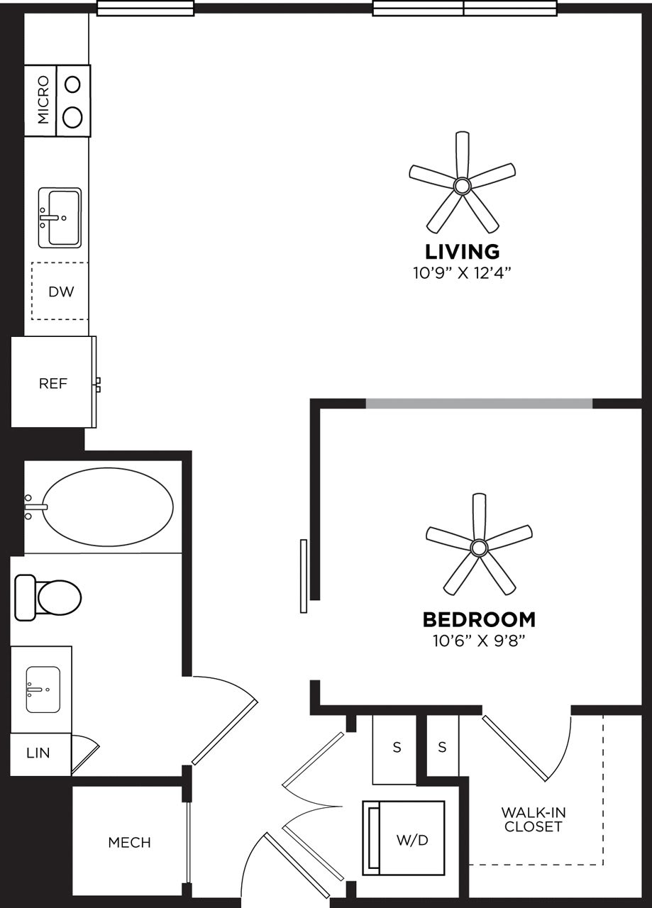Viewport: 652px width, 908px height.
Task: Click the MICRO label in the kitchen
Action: [x=42, y=100]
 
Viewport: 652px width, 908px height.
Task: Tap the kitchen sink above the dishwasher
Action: [x=60, y=218]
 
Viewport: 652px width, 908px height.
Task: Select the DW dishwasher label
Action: [x=60, y=292]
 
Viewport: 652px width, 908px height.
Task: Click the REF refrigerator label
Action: [x=53, y=384]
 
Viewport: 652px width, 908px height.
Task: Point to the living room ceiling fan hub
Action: [x=462, y=187]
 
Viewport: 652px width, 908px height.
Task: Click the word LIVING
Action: [x=462, y=252]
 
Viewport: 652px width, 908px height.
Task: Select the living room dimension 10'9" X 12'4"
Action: [x=462, y=272]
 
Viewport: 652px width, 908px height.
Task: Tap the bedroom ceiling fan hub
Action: [x=479, y=547]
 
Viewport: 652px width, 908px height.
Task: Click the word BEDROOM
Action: [x=479, y=620]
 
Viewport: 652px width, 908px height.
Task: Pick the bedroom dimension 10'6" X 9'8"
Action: [x=479, y=641]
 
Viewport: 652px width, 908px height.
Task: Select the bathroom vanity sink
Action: [x=43, y=690]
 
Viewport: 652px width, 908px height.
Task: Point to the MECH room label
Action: [x=129, y=843]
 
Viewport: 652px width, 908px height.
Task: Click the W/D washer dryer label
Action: [x=412, y=840]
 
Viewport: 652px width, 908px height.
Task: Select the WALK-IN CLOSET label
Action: [x=534, y=819]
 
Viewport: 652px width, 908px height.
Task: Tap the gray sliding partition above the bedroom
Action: [x=479, y=404]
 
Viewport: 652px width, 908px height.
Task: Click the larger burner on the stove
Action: [x=72, y=116]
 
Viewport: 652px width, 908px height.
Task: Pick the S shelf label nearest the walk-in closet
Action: [x=442, y=747]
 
